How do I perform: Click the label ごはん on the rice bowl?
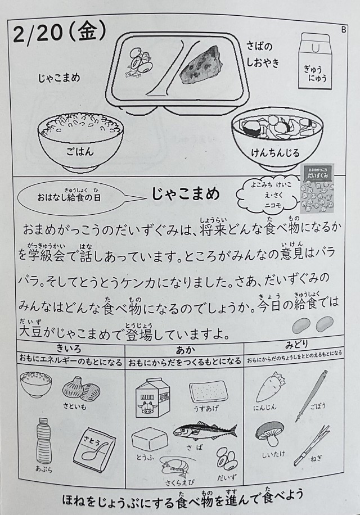[x=80, y=151]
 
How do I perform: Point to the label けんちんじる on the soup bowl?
[x=275, y=153]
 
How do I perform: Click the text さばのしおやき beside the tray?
[x=263, y=55]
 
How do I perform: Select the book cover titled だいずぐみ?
[x=318, y=191]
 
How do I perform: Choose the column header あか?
[x=185, y=350]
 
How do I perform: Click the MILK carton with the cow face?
[x=149, y=398]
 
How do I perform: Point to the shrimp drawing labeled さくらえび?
[x=173, y=468]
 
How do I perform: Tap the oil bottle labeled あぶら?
[x=44, y=440]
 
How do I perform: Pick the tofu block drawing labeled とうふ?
[x=149, y=440]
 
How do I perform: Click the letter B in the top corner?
[x=344, y=30]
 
